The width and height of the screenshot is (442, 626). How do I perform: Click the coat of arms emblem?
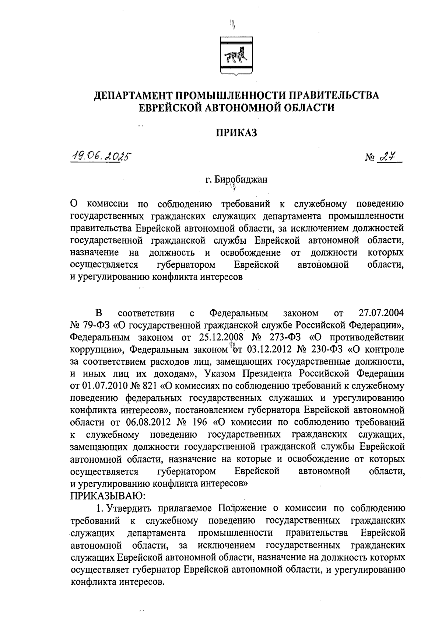pos(235,56)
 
